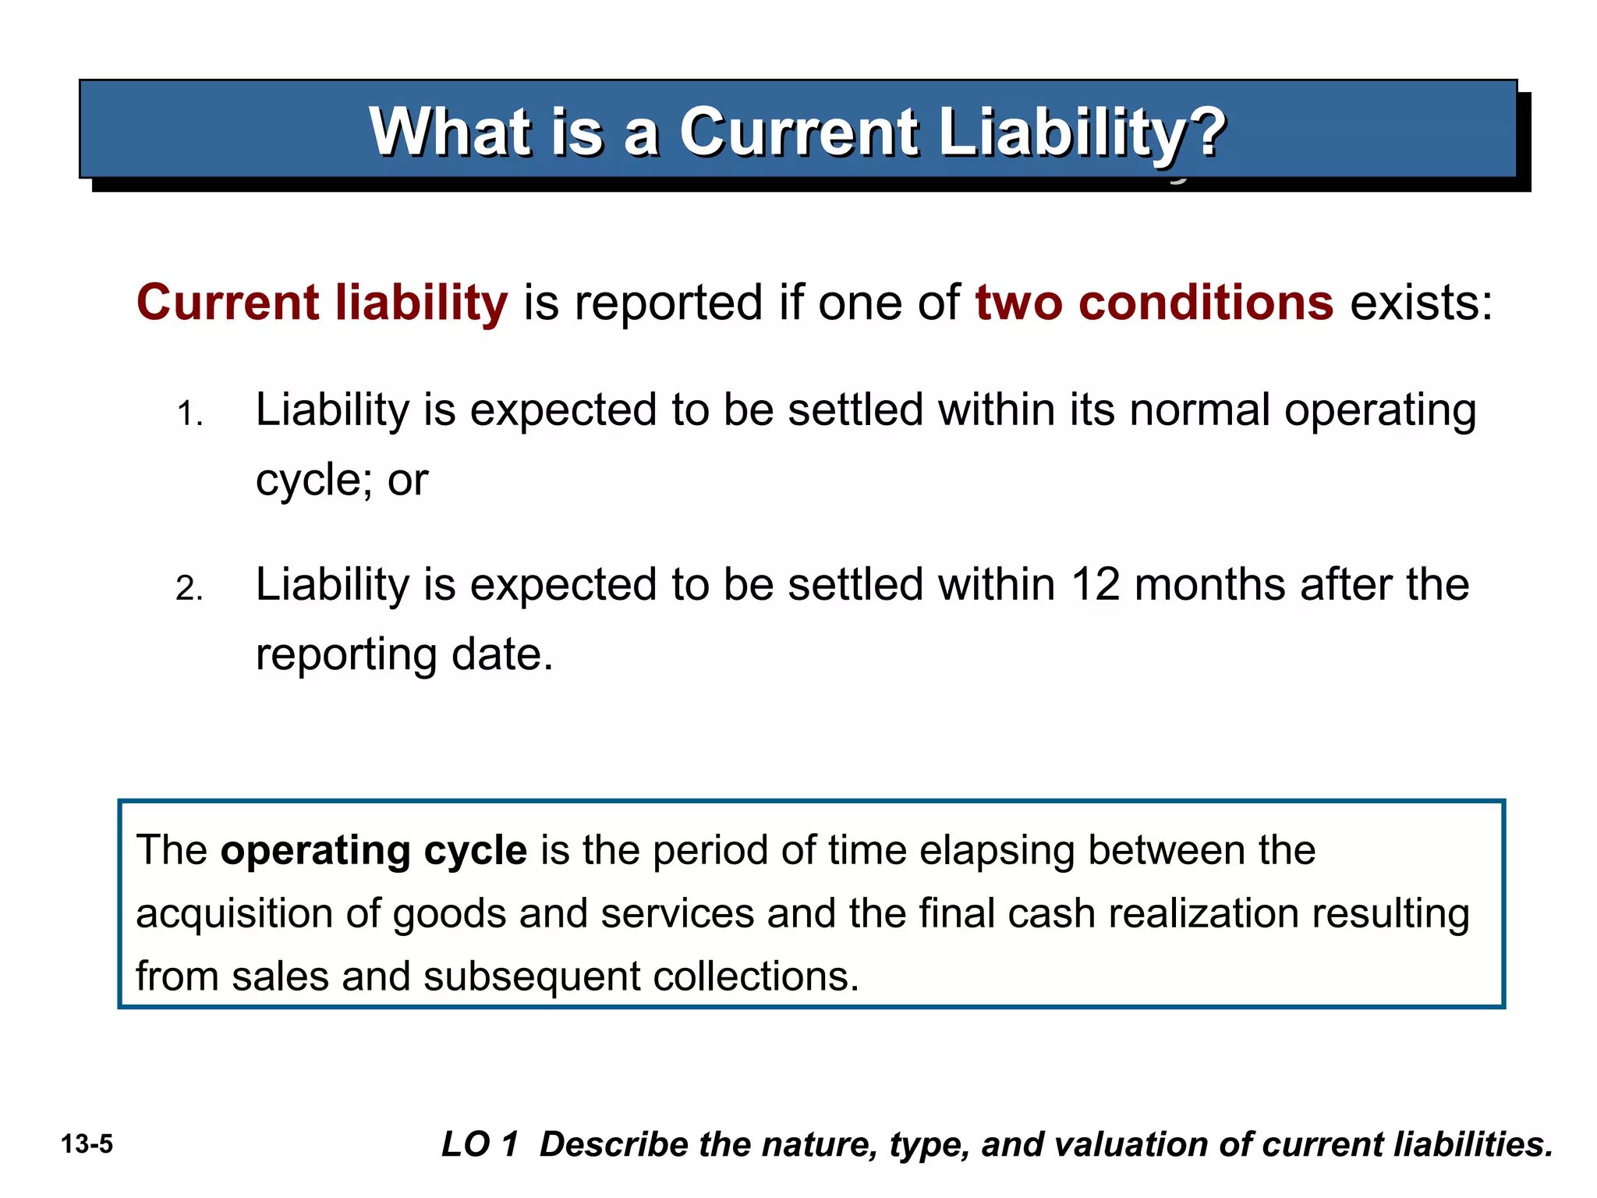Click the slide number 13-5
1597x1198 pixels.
click(x=87, y=1144)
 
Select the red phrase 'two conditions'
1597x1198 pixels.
click(x=1153, y=303)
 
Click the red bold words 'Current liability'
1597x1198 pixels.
click(x=322, y=303)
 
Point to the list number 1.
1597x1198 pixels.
click(x=189, y=414)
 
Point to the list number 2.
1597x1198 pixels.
click(x=189, y=589)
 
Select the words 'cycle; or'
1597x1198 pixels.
click(x=342, y=480)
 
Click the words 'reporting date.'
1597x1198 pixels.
click(x=404, y=654)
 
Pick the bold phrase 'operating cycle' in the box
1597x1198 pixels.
click(x=374, y=850)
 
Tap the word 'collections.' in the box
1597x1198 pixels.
click(x=755, y=976)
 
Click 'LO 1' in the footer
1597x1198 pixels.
click(x=480, y=1144)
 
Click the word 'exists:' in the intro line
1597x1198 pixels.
click(x=1421, y=303)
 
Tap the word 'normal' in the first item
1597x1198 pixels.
click(x=1200, y=410)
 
